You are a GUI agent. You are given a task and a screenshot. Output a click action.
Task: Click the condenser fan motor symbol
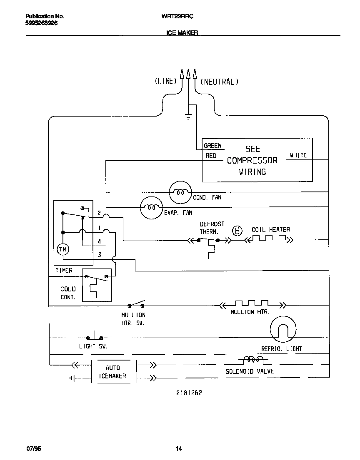tap(180, 192)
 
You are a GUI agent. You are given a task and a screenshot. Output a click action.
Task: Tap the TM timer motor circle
tap(63, 249)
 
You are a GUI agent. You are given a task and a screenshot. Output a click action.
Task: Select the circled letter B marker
tap(237, 231)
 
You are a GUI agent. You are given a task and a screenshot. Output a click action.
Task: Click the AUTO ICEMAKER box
tap(112, 372)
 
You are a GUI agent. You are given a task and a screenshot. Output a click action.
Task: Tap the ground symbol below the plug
tap(188, 117)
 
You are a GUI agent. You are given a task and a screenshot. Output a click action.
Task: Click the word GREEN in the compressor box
tap(213, 146)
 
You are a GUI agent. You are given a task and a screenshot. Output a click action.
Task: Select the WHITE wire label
tap(298, 155)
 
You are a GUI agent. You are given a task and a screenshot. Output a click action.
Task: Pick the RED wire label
tap(211, 156)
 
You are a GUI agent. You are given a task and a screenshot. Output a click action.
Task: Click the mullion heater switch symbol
tap(136, 304)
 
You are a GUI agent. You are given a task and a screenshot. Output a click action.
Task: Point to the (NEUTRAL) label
tap(220, 82)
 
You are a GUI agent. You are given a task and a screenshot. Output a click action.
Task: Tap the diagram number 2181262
tap(189, 393)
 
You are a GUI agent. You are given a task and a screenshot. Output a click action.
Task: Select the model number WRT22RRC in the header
tap(177, 16)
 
